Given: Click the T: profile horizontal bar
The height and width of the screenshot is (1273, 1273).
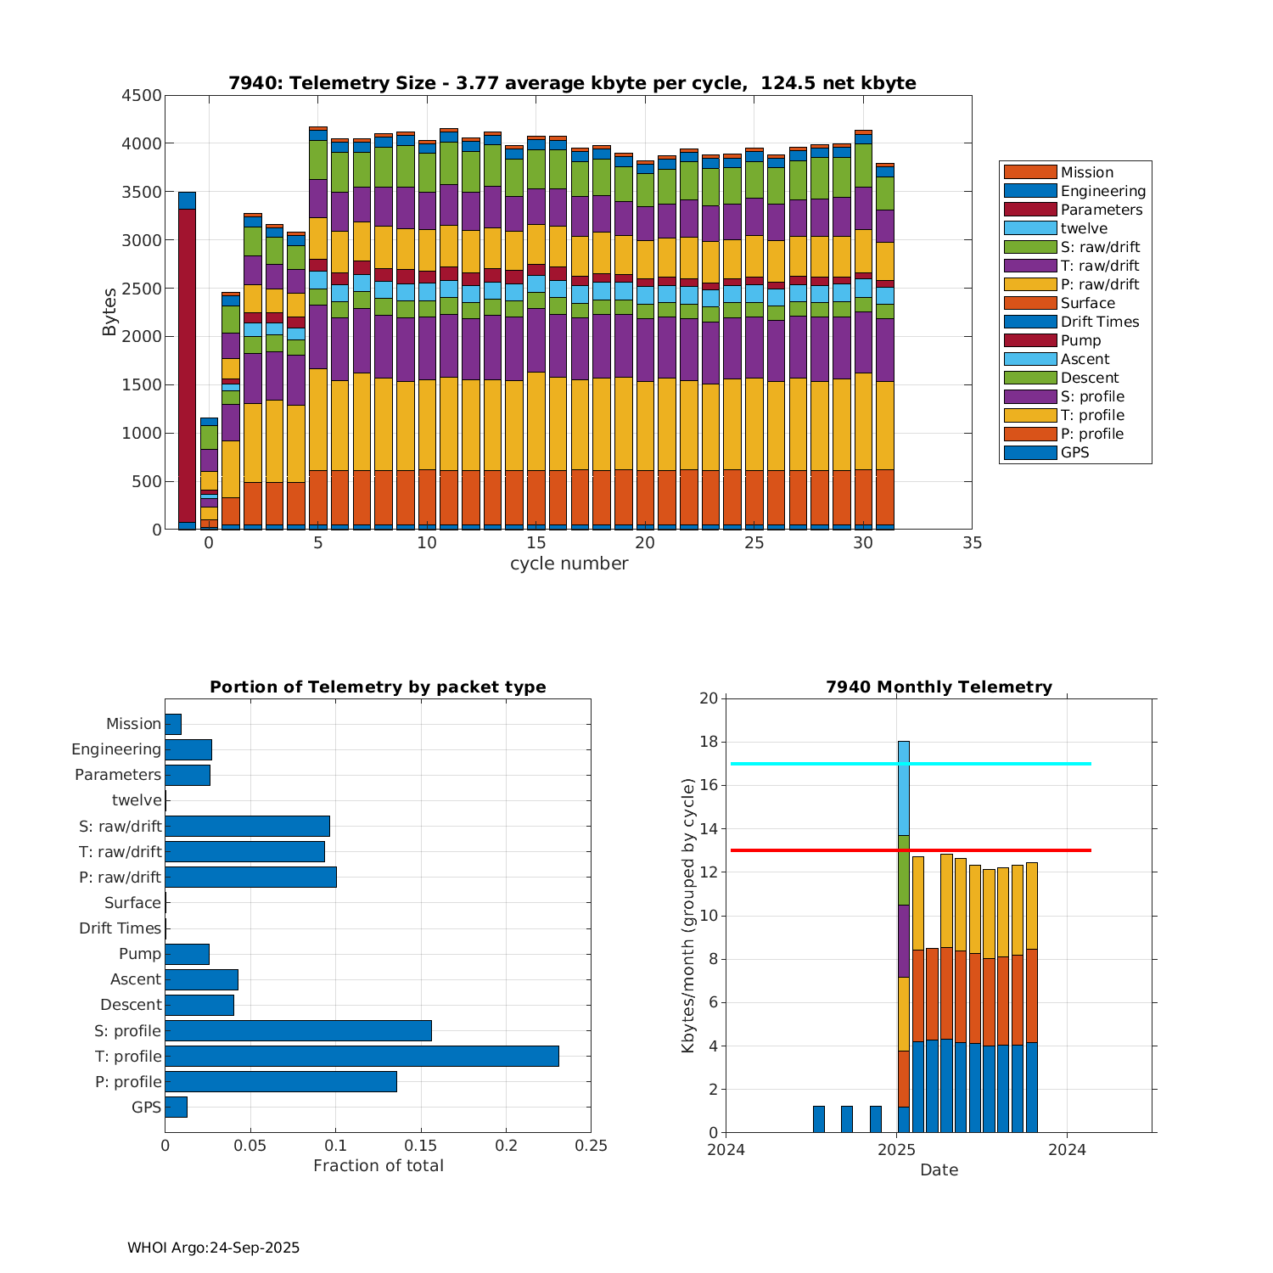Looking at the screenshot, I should pyautogui.click(x=362, y=1056).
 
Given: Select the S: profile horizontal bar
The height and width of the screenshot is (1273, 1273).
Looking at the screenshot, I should pyautogui.click(x=298, y=1030).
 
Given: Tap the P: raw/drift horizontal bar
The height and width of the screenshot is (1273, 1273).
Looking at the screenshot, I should pyautogui.click(x=250, y=877).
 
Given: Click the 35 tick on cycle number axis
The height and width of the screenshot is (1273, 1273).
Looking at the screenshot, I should pyautogui.click(x=972, y=543).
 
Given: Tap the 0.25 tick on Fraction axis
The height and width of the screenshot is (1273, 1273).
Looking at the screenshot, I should pyautogui.click(x=591, y=1146).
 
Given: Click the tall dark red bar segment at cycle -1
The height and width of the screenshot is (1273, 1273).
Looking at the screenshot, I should pyautogui.click(x=187, y=365).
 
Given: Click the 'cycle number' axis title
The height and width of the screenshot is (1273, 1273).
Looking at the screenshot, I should pyautogui.click(x=569, y=564).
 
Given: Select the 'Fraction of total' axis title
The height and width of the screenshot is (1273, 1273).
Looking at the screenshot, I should pyautogui.click(x=378, y=1166).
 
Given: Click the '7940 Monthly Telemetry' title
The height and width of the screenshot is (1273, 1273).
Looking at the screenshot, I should pyautogui.click(x=939, y=687).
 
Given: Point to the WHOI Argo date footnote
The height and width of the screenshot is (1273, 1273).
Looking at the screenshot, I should pyautogui.click(x=213, y=1248).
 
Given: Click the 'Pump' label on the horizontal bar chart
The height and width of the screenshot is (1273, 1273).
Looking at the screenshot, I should pyautogui.click(x=140, y=954).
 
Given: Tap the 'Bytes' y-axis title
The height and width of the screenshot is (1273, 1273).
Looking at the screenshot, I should pyautogui.click(x=109, y=312).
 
